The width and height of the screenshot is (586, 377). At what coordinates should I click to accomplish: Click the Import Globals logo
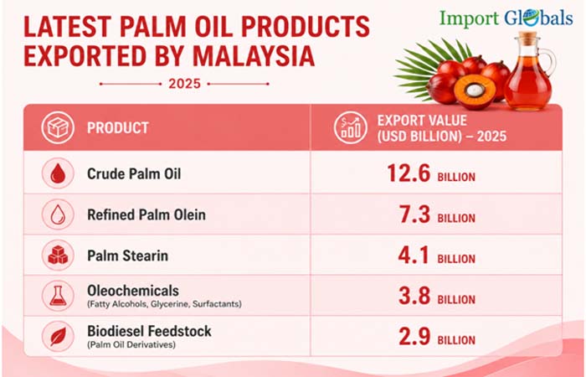[x=506, y=18]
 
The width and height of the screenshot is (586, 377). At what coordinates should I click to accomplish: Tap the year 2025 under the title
[x=185, y=84]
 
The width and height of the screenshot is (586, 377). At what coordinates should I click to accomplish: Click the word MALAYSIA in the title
[x=254, y=56]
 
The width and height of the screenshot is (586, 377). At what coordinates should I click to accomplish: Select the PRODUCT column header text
[x=118, y=128]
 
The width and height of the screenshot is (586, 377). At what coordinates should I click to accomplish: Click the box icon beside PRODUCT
[x=58, y=127]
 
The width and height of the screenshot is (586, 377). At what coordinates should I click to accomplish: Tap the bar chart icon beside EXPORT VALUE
[x=351, y=127]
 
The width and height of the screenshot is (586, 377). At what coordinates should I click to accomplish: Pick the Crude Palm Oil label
[x=134, y=174]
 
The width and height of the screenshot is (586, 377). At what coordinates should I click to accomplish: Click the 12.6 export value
[x=409, y=173]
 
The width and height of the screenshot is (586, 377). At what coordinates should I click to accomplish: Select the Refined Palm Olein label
[x=146, y=214]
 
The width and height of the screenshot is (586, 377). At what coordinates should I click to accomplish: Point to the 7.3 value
[x=415, y=214]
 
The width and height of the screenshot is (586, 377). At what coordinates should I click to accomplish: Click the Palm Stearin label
[x=127, y=256]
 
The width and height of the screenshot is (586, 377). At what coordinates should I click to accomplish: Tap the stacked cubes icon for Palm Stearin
[x=58, y=255]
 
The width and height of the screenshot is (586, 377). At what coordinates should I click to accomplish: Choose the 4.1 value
[x=414, y=255]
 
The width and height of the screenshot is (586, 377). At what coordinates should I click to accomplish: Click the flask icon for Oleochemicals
[x=58, y=296]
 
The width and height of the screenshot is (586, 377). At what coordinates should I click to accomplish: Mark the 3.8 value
[x=414, y=296]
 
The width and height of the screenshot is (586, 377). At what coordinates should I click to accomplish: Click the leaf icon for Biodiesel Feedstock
[x=58, y=336]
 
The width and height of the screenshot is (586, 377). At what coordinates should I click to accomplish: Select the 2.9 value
[x=414, y=336]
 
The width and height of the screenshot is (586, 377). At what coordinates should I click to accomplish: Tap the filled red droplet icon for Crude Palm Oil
[x=58, y=173]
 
